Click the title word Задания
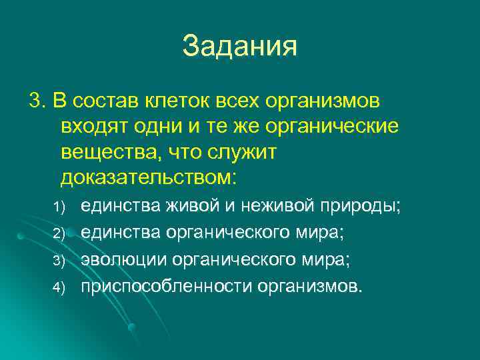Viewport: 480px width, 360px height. (x=239, y=47)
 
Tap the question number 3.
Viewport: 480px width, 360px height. (x=35, y=102)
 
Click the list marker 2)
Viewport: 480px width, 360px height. (x=58, y=233)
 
